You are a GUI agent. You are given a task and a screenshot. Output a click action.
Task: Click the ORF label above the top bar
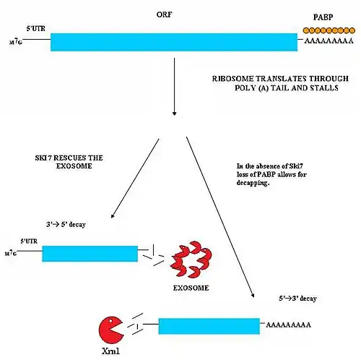(x=164, y=14)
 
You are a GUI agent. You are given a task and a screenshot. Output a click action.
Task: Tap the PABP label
(x=323, y=17)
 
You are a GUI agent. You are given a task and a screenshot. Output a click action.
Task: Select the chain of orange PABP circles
(x=329, y=30)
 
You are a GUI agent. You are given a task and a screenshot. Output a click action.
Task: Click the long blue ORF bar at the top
(x=174, y=42)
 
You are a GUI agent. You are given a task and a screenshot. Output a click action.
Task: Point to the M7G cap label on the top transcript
(x=16, y=42)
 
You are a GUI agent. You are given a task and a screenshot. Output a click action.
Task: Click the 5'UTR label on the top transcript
(x=35, y=28)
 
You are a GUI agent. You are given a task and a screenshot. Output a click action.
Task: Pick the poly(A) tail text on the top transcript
(x=329, y=40)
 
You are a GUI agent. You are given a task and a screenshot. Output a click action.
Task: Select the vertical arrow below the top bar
(x=174, y=87)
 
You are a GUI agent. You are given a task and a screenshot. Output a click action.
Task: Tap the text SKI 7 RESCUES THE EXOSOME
(x=69, y=162)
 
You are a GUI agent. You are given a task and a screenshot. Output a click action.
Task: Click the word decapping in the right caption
(x=253, y=183)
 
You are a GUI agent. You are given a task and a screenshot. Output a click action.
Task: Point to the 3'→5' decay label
(x=66, y=225)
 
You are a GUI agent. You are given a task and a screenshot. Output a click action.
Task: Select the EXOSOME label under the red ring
(x=191, y=288)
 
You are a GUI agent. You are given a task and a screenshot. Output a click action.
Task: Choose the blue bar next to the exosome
(x=90, y=254)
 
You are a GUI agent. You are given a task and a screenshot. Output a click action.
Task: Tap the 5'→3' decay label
(x=297, y=299)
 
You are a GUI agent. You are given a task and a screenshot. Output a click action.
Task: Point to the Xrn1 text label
(x=110, y=351)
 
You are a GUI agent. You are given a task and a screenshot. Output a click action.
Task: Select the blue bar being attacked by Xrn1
(x=209, y=326)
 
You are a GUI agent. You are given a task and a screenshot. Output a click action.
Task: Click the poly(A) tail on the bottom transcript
(x=288, y=325)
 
